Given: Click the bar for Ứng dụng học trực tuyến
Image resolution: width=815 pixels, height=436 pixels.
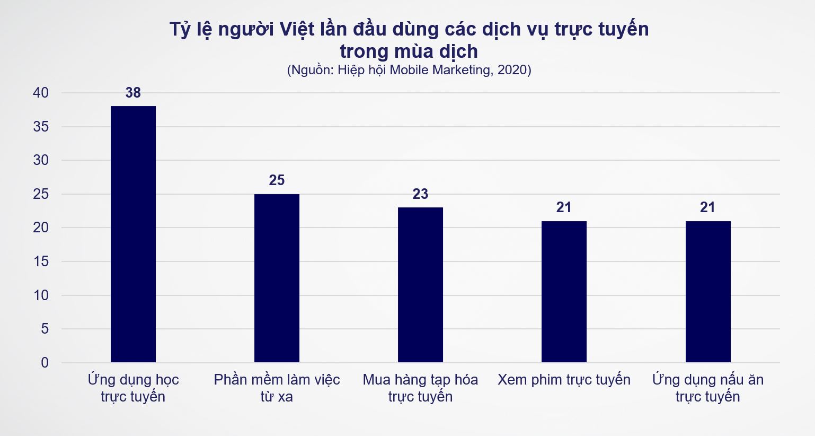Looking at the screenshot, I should (x=133, y=234).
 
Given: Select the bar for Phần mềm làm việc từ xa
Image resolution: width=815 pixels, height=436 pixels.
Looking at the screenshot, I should (x=277, y=278).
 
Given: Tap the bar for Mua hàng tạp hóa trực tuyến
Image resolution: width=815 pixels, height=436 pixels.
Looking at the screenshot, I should (x=420, y=285).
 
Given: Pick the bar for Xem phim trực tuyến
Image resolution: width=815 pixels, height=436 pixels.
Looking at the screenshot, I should (x=564, y=292).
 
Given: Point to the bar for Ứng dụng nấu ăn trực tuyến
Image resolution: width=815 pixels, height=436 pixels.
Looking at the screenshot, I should (x=708, y=292).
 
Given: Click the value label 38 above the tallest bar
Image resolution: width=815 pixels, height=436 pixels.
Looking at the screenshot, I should (x=133, y=93).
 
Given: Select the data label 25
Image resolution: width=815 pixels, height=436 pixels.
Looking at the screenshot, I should (x=277, y=180).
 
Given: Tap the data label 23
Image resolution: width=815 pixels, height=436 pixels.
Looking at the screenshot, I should (x=420, y=194).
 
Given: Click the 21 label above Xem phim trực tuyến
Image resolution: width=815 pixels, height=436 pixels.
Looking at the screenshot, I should (x=564, y=207).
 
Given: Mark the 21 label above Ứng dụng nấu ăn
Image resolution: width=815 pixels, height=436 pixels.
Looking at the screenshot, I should (x=707, y=207).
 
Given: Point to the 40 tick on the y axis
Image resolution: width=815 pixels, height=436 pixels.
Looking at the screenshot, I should (x=41, y=93).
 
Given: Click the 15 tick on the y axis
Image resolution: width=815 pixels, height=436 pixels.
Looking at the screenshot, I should (x=41, y=261).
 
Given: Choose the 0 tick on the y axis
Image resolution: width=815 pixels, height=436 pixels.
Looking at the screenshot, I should (x=45, y=363).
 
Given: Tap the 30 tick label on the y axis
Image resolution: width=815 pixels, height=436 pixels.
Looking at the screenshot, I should (x=41, y=160).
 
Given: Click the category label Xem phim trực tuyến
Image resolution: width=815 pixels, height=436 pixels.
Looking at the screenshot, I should (x=564, y=380).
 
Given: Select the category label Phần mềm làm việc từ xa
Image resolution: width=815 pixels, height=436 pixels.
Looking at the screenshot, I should (x=277, y=388).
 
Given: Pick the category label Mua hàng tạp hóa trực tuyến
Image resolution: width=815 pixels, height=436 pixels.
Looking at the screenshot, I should (x=420, y=388).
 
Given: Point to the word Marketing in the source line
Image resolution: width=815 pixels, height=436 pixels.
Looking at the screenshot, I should (x=459, y=70).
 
